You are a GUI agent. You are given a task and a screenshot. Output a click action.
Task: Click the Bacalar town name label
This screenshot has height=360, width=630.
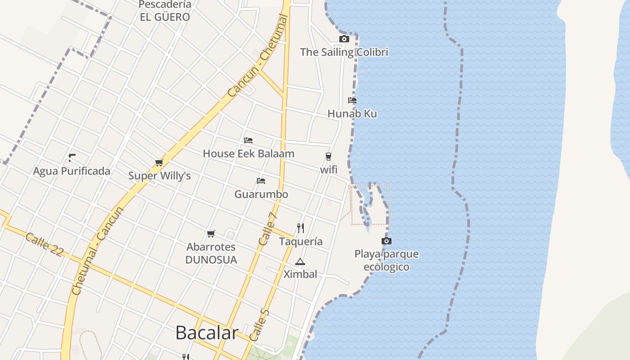click(x=207, y=333)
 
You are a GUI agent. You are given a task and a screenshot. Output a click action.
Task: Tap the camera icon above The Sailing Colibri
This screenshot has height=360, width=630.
click(x=344, y=39)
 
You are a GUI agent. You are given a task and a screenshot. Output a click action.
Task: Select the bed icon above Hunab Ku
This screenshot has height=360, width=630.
click(x=352, y=100)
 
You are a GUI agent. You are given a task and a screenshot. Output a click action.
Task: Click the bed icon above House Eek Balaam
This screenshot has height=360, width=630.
click(x=248, y=140)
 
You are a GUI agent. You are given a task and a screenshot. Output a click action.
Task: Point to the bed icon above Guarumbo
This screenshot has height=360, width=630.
click(x=261, y=181)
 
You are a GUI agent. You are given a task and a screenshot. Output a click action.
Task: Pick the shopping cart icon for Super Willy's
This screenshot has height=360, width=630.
click(x=159, y=162)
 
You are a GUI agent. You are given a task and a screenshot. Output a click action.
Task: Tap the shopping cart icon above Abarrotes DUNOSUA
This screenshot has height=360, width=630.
click(x=211, y=234)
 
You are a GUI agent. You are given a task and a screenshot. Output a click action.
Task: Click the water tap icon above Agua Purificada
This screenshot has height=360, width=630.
click(x=72, y=157)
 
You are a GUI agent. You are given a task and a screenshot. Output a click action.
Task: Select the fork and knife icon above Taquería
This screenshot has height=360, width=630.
click(x=301, y=228)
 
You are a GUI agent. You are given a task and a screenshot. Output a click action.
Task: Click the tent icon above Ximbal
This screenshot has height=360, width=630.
click(x=300, y=261)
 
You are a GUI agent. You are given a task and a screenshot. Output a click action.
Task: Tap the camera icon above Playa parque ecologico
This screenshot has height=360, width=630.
click(x=386, y=241)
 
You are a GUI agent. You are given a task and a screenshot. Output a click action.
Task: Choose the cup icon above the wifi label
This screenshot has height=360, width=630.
click(x=328, y=157)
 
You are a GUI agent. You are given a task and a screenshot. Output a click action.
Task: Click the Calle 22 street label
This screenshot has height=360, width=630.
click(x=44, y=245)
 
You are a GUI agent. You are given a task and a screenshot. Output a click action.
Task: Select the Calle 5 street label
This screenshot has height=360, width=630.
click(x=259, y=325)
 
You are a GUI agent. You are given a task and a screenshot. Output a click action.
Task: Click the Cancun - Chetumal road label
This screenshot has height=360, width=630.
click(x=258, y=56)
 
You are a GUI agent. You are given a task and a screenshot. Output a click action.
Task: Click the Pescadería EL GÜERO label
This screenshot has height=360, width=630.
click(x=165, y=11)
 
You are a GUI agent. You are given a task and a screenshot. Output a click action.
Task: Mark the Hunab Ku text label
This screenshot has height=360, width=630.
click(x=352, y=114)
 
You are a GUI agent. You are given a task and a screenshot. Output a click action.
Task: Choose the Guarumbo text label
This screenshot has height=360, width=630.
click(x=261, y=194)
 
